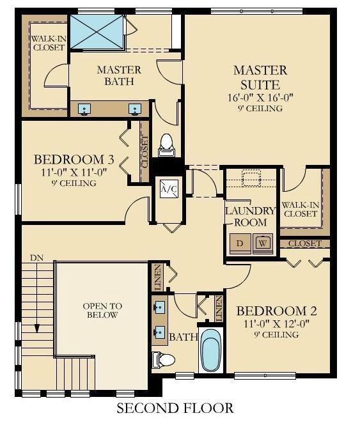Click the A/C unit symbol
(169, 189)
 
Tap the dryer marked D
(240, 244)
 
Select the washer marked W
(263, 244)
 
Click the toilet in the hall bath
(164, 360)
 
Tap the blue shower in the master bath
(97, 32)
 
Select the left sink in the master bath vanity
(84, 109)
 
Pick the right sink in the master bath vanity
(135, 109)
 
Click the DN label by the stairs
(37, 258)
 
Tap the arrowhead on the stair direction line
(36, 329)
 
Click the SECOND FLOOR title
(175, 408)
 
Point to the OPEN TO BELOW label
(102, 311)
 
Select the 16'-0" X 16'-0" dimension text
(260, 98)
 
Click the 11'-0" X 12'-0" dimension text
(276, 323)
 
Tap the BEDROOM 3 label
(74, 160)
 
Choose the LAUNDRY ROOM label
(251, 217)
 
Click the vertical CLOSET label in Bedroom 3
(145, 152)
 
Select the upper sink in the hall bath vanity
(160, 307)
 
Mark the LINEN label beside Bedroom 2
(219, 309)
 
